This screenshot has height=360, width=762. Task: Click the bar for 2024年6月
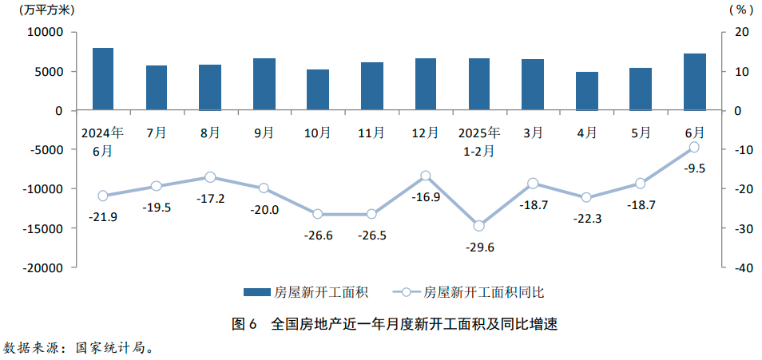[103, 79]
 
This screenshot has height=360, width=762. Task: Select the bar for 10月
[318, 90]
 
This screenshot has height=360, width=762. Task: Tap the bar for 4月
[586, 91]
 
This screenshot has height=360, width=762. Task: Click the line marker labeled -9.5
[694, 147]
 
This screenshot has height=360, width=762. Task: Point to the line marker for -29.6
[479, 226]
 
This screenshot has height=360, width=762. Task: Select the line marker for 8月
[210, 177]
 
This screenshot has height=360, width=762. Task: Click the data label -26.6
[318, 235]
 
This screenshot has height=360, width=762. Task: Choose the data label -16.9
[426, 196]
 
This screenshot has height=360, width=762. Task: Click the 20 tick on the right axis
[741, 33]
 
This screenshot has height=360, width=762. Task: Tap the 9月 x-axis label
[264, 133]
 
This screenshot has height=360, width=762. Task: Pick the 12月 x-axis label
[426, 133]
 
